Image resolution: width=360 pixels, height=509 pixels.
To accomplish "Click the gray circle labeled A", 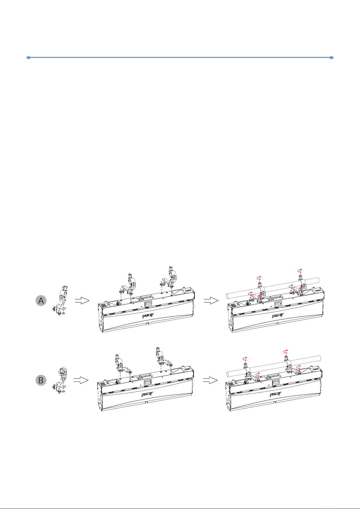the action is click(41, 300).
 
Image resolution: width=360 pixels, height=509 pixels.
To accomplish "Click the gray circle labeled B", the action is click(41, 380).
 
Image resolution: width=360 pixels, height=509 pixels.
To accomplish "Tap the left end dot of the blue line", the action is click(28, 57).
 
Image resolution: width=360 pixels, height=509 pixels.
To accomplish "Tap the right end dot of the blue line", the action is click(331, 57).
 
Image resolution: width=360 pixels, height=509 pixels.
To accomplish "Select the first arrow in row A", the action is click(82, 300).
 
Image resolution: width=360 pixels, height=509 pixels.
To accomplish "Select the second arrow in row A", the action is click(211, 300).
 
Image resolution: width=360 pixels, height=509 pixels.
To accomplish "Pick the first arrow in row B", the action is click(81, 380).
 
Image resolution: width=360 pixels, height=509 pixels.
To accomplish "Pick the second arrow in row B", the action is click(210, 380).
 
